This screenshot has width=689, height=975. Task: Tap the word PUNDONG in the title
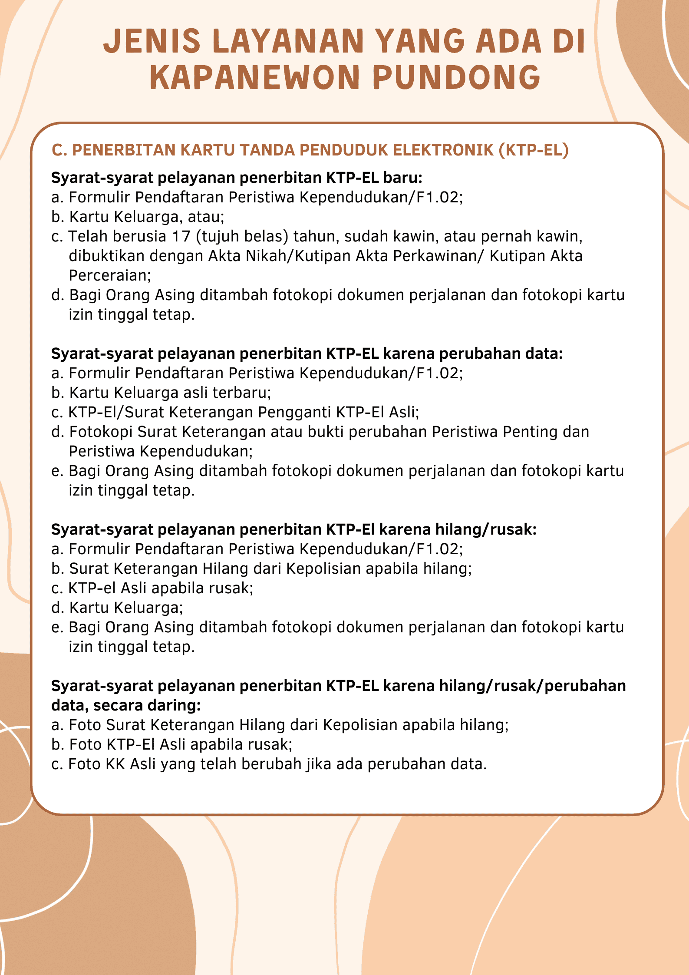pos(456,78)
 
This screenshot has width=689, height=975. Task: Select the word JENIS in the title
pos(152,41)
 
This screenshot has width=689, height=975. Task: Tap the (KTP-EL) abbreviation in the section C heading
pos(534,150)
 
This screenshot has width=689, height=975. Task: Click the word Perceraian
pos(110,275)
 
